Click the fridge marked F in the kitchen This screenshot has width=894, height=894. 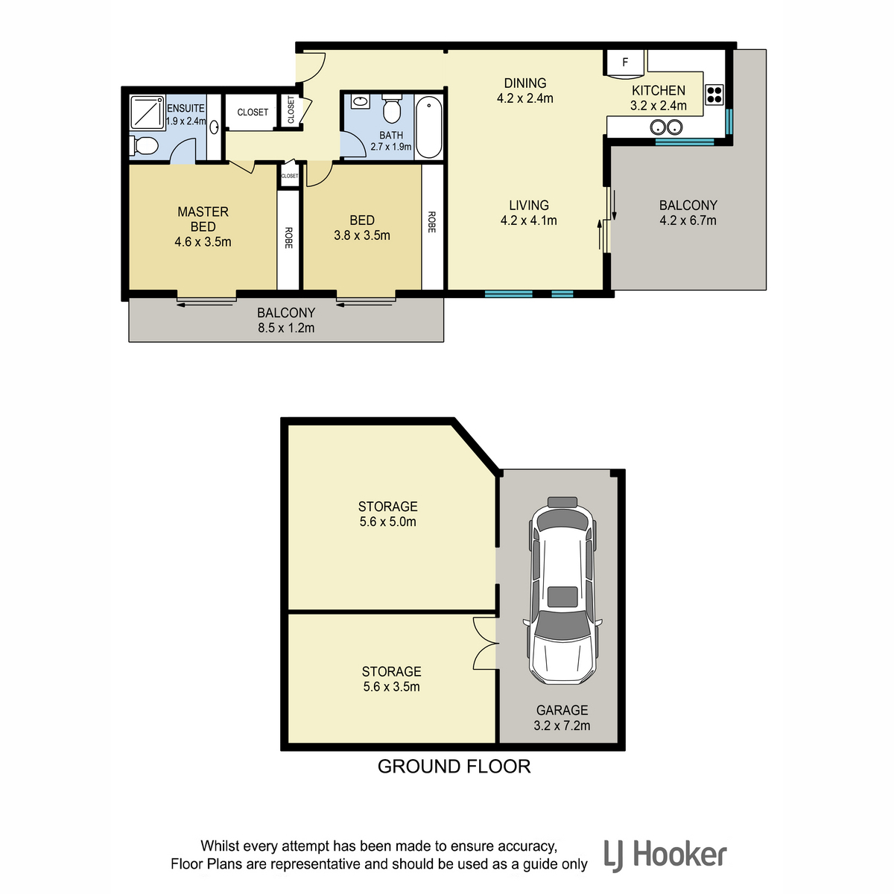pyautogui.click(x=624, y=63)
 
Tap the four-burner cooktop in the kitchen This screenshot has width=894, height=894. pyautogui.click(x=714, y=94)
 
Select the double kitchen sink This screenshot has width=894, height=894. pyautogui.click(x=666, y=127)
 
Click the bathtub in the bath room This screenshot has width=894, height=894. pyautogui.click(x=428, y=127)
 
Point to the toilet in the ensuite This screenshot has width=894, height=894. pyautogui.click(x=144, y=146)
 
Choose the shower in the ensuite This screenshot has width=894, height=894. pyautogui.click(x=148, y=112)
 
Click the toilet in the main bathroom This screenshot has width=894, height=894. pyautogui.click(x=392, y=109)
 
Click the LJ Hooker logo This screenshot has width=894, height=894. pyautogui.click(x=665, y=855)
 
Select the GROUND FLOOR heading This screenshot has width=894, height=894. pyautogui.click(x=454, y=767)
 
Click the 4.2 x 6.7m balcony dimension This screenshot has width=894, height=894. pyautogui.click(x=688, y=221)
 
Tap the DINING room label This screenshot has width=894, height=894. pyautogui.click(x=525, y=83)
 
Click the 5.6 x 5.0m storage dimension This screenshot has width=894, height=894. pyautogui.click(x=388, y=521)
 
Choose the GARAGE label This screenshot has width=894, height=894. pyautogui.click(x=562, y=710)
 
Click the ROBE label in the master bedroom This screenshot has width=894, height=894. pyautogui.click(x=288, y=238)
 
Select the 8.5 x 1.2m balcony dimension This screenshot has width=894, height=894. pyautogui.click(x=286, y=328)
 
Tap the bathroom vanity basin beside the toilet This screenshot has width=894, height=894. pyautogui.click(x=360, y=101)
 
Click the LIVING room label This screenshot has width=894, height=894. pyautogui.click(x=529, y=205)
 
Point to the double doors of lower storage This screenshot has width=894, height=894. pyautogui.click(x=485, y=644)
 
